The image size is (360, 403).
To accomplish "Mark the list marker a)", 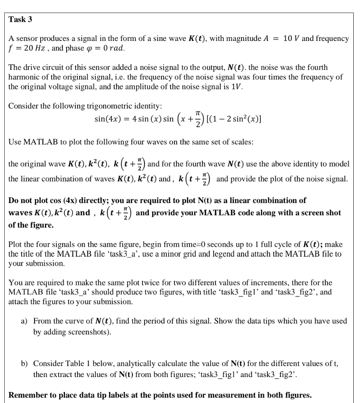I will click(24, 321).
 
